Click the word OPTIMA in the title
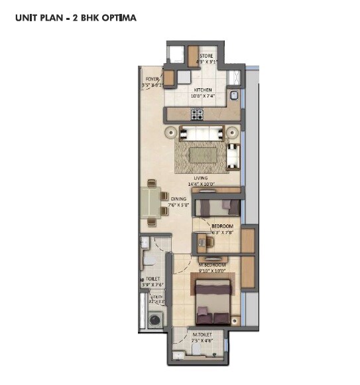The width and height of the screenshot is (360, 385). [x=119, y=18]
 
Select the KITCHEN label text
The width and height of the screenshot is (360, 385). [x=202, y=90]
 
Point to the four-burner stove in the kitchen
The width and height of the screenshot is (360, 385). [x=197, y=114]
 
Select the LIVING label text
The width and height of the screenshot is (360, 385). [x=201, y=179]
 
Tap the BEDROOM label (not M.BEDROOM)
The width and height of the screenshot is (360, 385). [x=222, y=226]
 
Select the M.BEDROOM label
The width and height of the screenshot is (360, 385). [x=212, y=264]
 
